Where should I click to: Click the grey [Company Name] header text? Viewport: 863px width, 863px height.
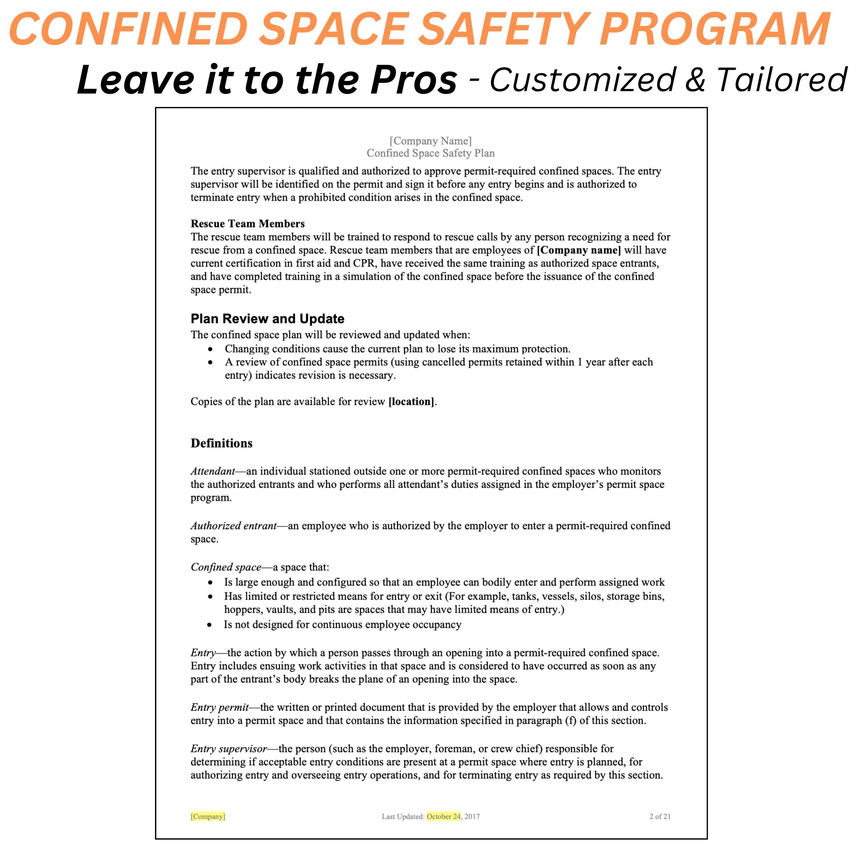coord(430,141)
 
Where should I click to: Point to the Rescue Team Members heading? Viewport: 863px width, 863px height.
coord(248,224)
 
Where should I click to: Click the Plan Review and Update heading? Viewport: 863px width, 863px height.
coord(267,319)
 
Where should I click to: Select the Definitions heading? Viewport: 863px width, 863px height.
coord(221,443)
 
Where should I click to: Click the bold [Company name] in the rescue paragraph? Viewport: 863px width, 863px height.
coord(579,250)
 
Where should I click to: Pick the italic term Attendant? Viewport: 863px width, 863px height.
coord(213,471)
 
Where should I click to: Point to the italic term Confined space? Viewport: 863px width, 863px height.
coord(225,567)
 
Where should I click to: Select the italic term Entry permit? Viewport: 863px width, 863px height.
coord(219,708)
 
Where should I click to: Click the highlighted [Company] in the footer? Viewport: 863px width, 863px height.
coord(208,816)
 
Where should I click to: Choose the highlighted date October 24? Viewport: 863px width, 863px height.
coord(444,816)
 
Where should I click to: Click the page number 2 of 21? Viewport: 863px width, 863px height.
coord(660,816)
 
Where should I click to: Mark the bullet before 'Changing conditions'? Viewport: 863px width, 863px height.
coord(210,349)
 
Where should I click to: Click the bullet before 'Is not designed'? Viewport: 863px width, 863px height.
coord(210,625)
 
